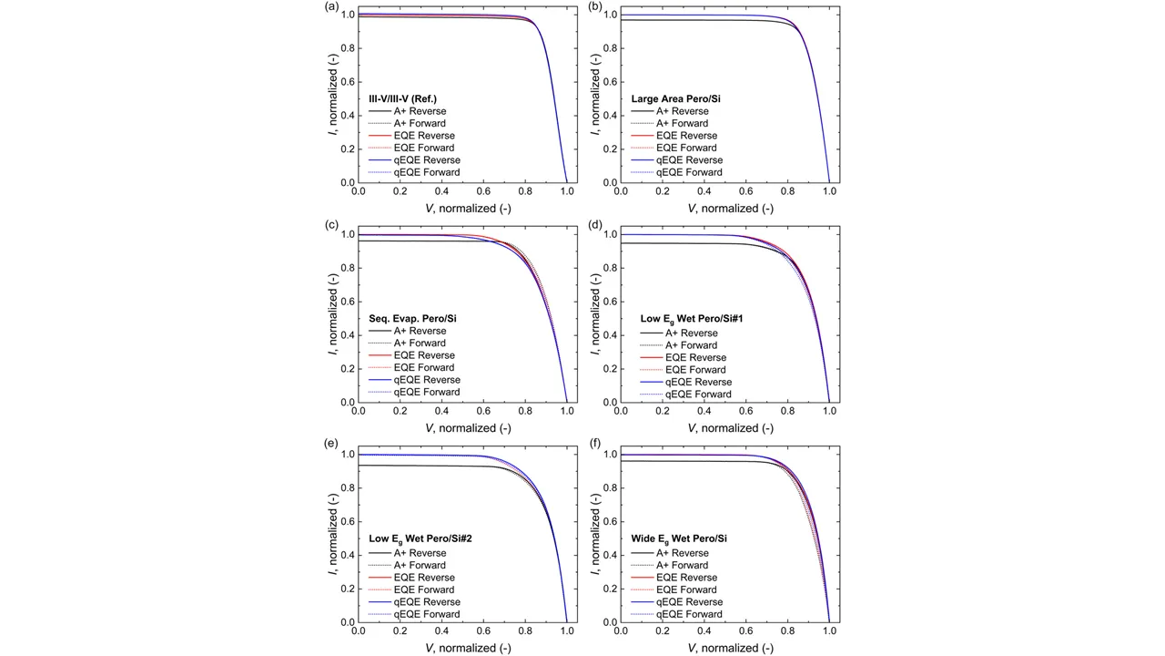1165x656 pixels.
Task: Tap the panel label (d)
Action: pos(594,226)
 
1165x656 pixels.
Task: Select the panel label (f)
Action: pos(594,446)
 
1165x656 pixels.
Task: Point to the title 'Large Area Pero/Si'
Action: pos(675,99)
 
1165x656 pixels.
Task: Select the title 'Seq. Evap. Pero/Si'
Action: pos(412,319)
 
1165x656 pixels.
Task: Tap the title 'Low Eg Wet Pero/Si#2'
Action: pos(420,539)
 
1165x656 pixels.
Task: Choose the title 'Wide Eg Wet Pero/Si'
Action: pos(679,539)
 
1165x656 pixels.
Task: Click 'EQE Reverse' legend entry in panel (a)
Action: pos(424,136)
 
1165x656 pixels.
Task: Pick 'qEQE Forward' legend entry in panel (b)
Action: pos(689,172)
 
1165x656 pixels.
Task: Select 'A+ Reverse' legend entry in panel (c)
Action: pos(420,331)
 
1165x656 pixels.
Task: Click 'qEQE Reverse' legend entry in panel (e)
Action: pos(426,602)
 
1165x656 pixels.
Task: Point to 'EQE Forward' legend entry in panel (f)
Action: pos(687,589)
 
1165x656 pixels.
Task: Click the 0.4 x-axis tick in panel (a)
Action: pos(441,192)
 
